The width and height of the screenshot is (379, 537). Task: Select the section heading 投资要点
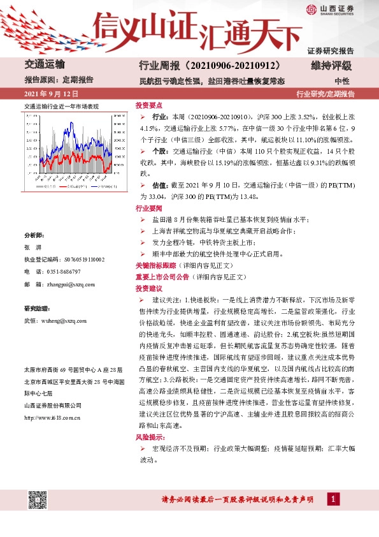pyautogui.click(x=148, y=105)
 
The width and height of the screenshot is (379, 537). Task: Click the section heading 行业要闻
pyautogui.click(x=148, y=209)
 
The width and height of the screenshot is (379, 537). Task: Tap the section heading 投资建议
pyautogui.click(x=148, y=288)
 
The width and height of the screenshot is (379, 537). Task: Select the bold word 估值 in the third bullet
pyautogui.click(x=159, y=184)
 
